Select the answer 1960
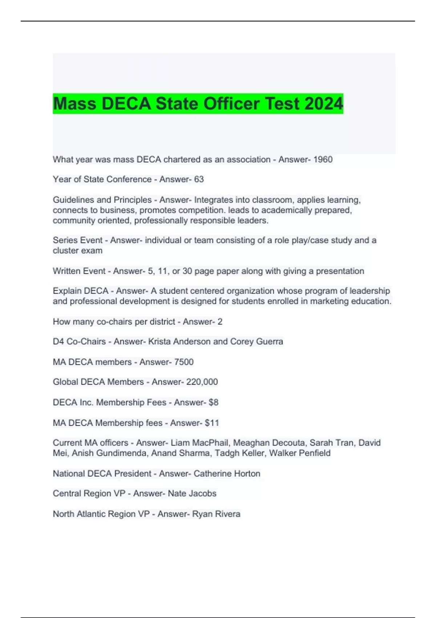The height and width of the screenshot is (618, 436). click(x=323, y=160)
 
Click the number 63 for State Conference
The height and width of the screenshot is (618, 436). click(x=199, y=179)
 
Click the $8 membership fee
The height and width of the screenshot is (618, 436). click(x=213, y=402)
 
